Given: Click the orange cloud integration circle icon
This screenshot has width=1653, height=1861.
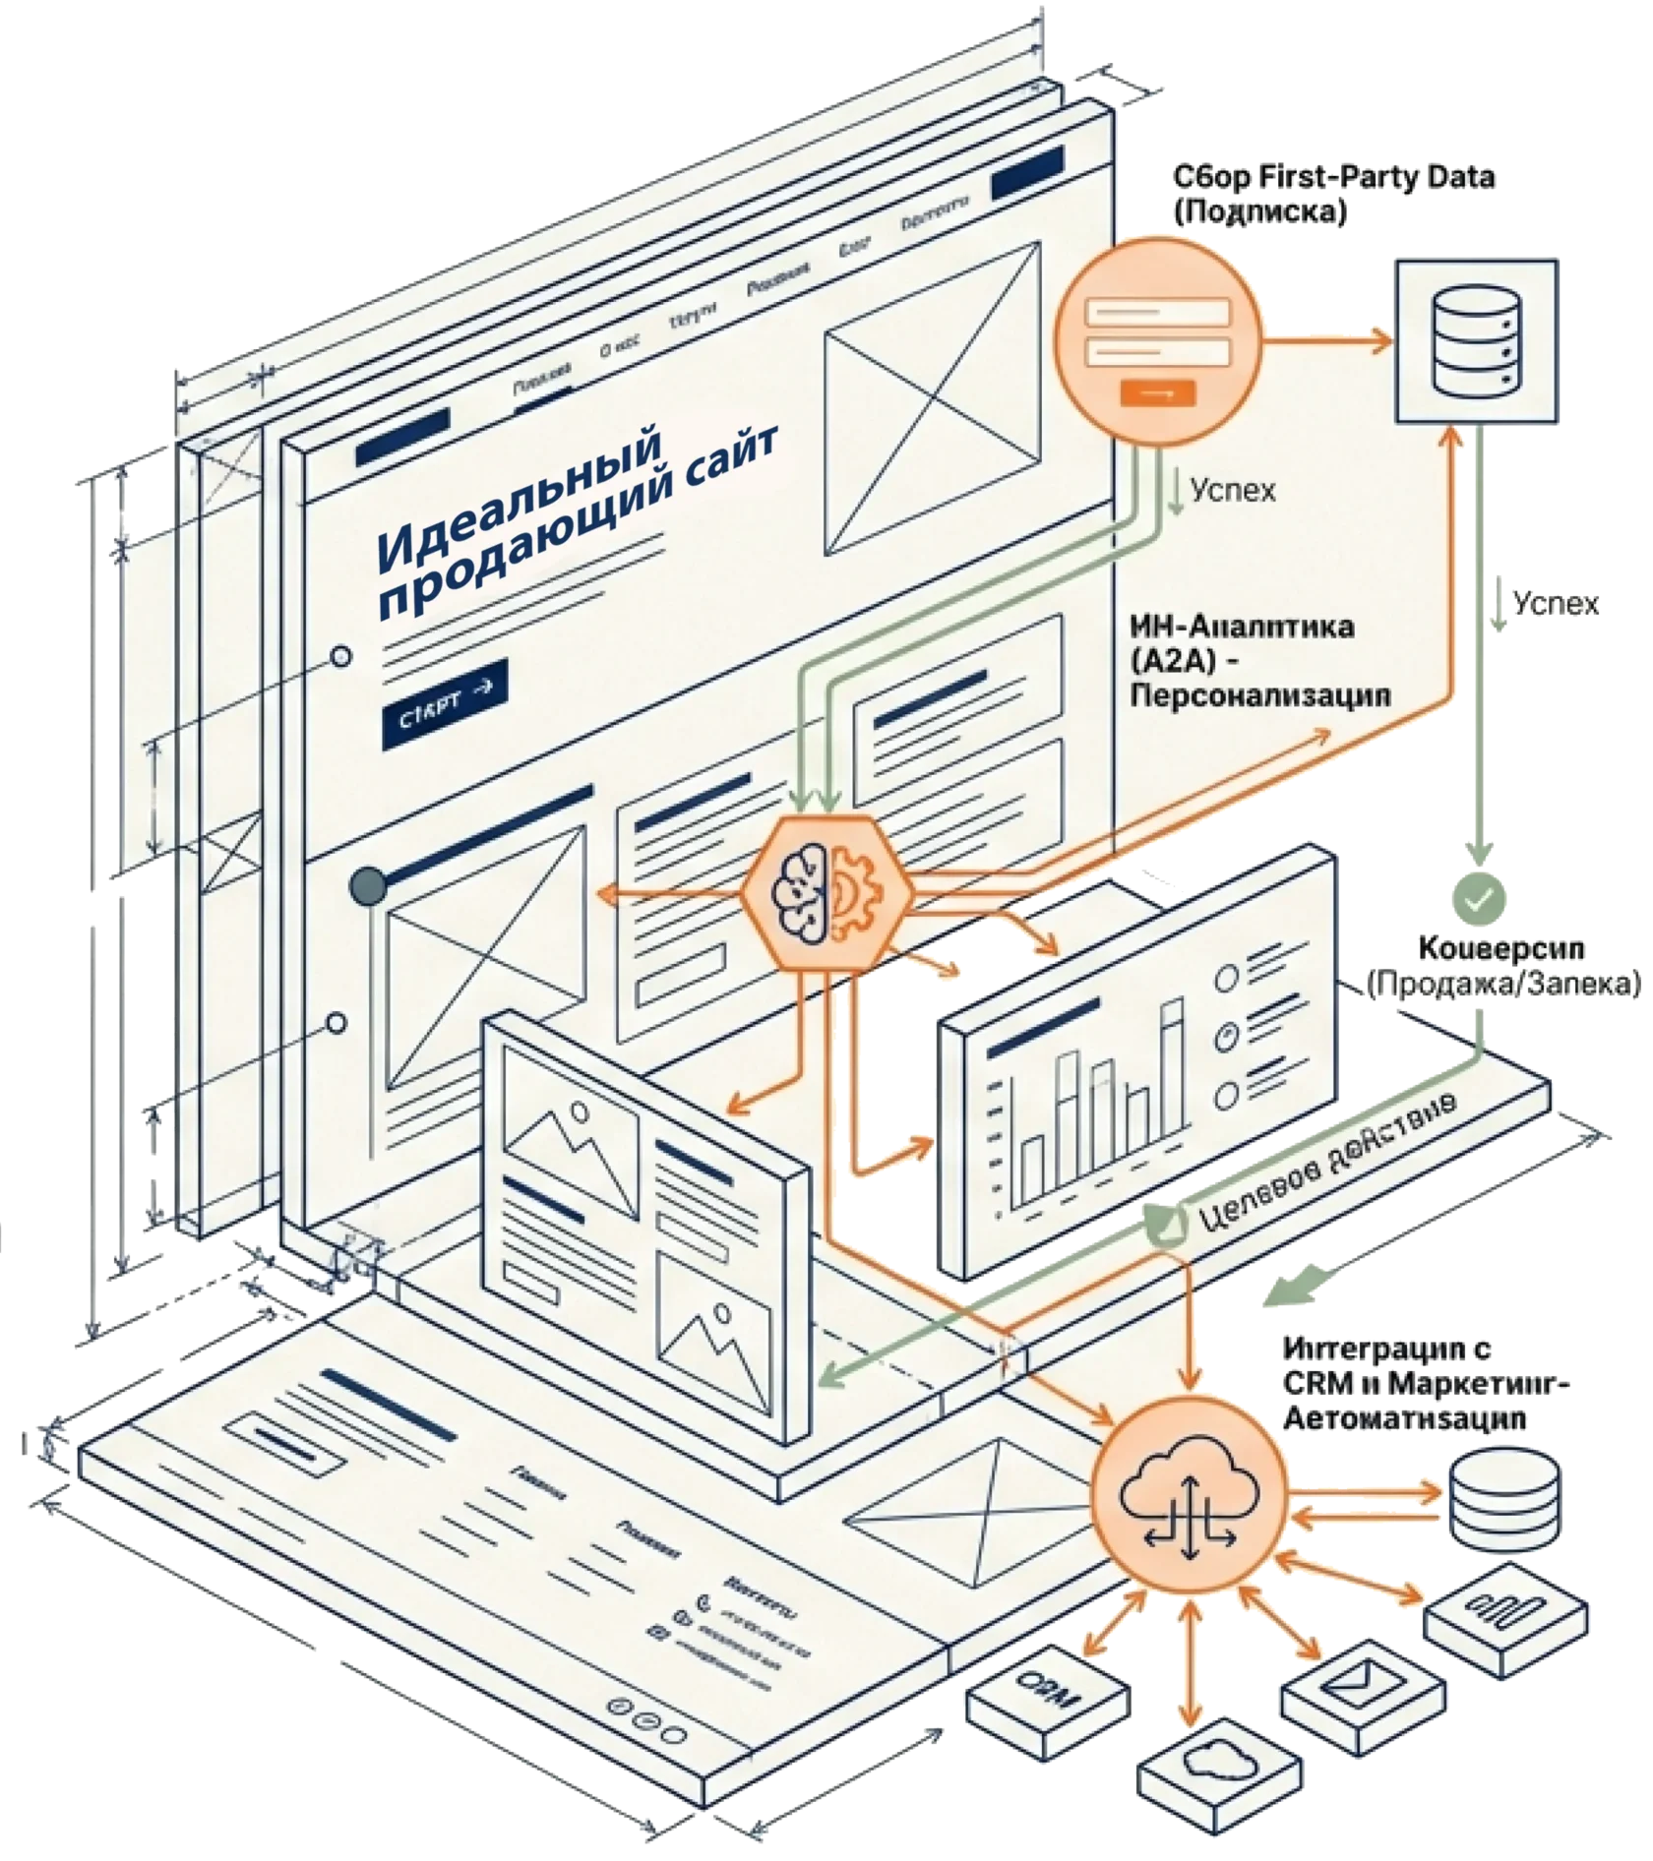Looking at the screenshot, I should (x=1189, y=1504).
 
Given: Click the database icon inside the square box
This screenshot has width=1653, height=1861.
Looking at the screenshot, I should (x=1476, y=339).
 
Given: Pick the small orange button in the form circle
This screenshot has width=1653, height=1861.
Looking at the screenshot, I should (x=1157, y=391).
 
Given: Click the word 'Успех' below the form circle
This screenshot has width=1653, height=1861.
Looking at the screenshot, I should (x=1232, y=490).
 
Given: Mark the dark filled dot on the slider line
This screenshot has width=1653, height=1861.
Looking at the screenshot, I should (x=368, y=885).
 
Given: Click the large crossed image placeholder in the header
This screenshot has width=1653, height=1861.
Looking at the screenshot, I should (x=932, y=400).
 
